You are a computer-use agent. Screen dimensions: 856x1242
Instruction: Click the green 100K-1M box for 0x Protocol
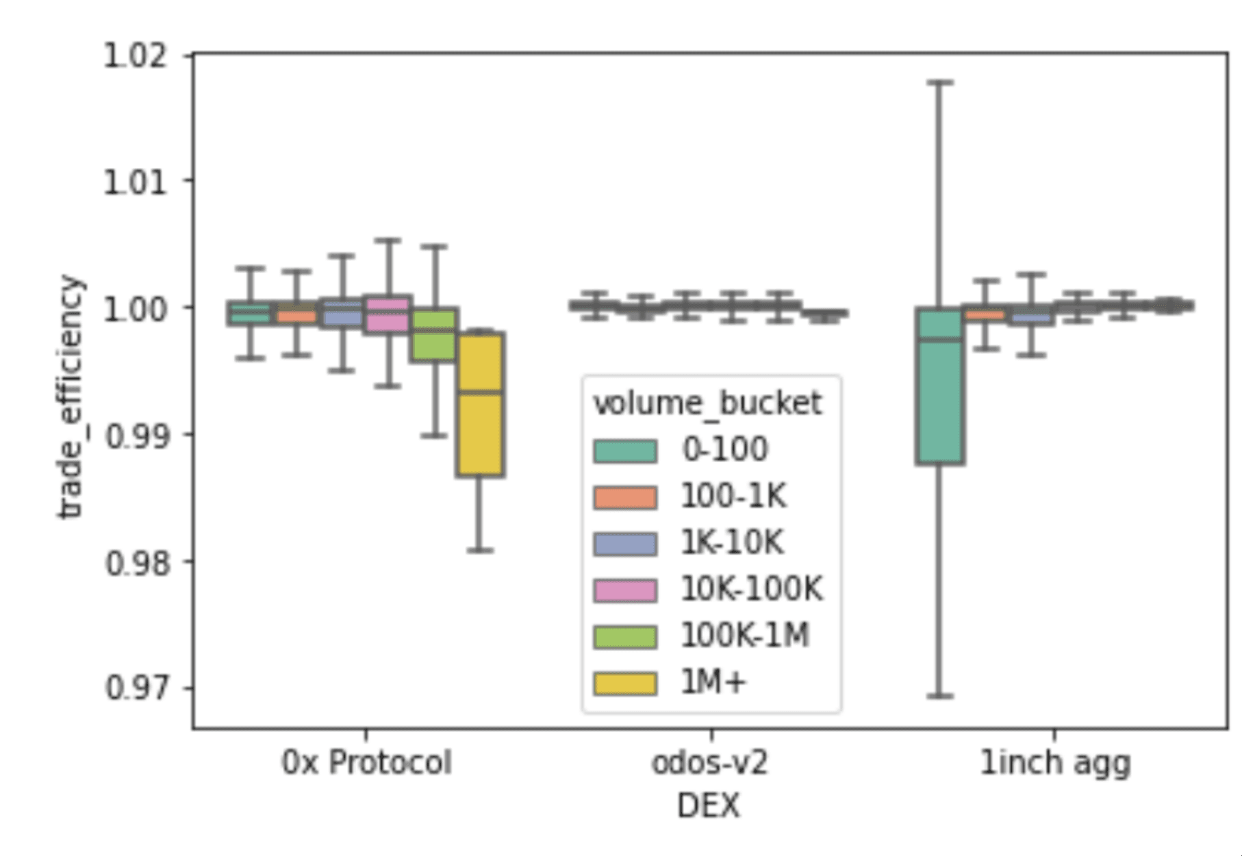click(434, 335)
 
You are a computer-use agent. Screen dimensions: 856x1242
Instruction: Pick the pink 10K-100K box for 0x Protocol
click(388, 314)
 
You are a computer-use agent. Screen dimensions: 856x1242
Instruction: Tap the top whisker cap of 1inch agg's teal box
click(940, 82)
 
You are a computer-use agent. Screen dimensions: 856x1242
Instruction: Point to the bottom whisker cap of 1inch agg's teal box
click(940, 696)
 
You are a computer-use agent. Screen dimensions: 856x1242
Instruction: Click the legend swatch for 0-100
click(625, 451)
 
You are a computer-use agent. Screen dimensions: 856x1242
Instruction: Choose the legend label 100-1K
click(733, 496)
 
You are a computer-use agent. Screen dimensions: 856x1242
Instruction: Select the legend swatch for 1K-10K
click(625, 544)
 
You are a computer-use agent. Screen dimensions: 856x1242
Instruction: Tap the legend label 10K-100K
click(751, 590)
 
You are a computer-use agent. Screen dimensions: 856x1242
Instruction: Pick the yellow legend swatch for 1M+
click(625, 683)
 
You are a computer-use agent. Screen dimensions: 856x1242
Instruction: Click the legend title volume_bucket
click(707, 403)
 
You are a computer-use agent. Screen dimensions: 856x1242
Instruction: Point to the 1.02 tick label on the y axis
click(135, 55)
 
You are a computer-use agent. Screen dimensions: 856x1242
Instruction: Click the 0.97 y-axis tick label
click(135, 688)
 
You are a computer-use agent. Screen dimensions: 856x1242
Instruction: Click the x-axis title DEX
click(708, 806)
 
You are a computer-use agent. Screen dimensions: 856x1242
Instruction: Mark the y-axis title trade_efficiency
click(71, 397)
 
